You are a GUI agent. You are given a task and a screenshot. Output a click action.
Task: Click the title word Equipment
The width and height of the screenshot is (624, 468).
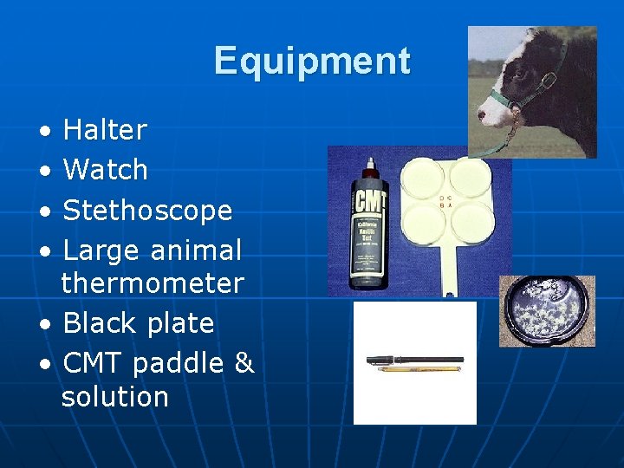[x=312, y=62]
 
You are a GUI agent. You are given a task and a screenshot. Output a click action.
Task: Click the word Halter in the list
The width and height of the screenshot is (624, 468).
[x=105, y=131]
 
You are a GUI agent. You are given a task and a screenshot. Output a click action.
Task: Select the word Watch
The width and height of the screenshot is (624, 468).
[x=105, y=170]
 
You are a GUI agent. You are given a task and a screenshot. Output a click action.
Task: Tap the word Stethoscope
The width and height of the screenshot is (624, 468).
[x=147, y=210]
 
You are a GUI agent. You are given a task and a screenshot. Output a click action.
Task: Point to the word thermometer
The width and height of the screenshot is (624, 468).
[x=153, y=283]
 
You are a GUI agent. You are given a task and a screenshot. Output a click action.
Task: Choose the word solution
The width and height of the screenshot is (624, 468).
[x=114, y=397]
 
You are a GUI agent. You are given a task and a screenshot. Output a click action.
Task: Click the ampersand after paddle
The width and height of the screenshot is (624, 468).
[x=244, y=363]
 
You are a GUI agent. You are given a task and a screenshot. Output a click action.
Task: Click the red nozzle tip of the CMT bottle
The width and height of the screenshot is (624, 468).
[x=370, y=163]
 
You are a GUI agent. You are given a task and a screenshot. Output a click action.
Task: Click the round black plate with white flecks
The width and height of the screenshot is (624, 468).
[x=547, y=309]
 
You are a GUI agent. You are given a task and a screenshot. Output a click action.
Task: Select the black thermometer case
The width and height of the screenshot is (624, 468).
[x=413, y=359]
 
